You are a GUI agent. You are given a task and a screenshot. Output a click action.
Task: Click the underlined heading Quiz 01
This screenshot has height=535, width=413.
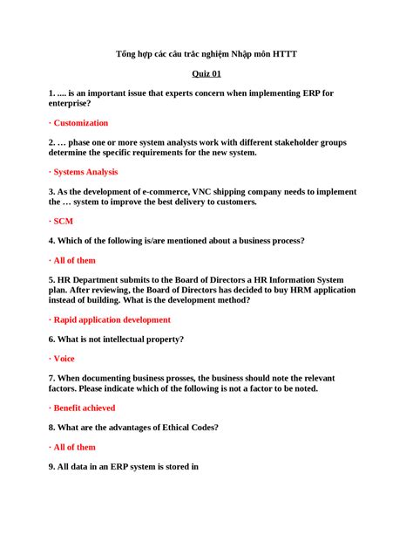(x=206, y=74)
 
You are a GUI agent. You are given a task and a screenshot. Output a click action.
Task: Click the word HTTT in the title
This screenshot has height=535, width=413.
(x=284, y=54)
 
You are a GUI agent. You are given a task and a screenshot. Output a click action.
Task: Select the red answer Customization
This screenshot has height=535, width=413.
(x=81, y=123)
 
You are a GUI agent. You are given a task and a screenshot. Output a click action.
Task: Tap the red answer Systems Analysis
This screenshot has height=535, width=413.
(x=85, y=172)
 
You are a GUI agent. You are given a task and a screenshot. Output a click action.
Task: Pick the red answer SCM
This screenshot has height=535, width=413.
(x=64, y=222)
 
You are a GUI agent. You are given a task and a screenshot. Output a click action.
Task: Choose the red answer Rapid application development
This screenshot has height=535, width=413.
(x=112, y=320)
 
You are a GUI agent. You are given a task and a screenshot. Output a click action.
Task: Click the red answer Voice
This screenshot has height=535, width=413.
(x=64, y=359)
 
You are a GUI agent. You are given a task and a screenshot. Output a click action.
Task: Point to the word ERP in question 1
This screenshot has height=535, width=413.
(x=311, y=93)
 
